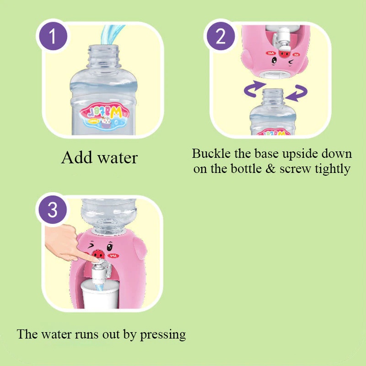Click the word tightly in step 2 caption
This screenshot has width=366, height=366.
coord(333,169)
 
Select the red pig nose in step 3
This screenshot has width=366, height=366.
coord(97,253)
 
